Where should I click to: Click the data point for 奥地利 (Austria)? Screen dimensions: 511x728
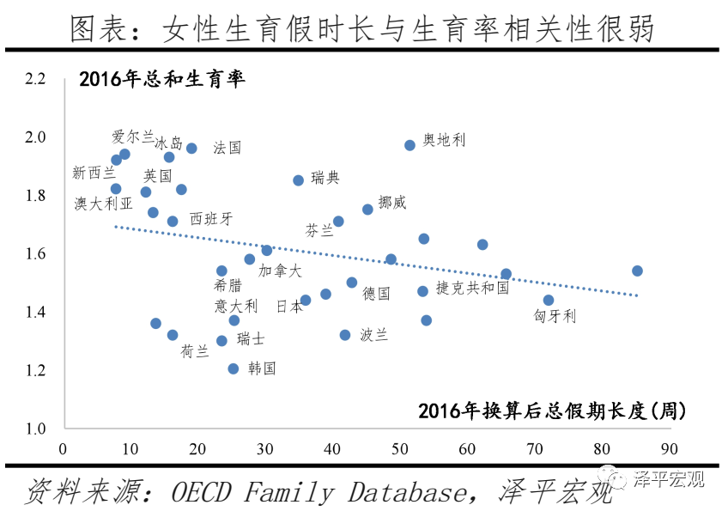click(409, 145)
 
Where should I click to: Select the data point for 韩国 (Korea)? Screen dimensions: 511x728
click(234, 368)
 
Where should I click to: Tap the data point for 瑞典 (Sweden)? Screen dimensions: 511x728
click(299, 180)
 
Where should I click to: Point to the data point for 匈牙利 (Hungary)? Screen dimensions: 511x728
click(549, 301)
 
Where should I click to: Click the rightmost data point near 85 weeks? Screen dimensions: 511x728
click(637, 271)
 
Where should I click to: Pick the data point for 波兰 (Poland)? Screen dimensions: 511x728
click(345, 335)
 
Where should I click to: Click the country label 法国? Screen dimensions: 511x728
click(227, 148)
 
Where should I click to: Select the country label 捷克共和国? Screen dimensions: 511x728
click(472, 288)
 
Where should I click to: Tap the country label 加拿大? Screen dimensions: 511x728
click(281, 271)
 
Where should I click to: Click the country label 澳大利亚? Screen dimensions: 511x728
click(104, 204)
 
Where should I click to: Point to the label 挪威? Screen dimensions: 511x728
click(392, 203)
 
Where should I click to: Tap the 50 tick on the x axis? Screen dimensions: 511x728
click(399, 448)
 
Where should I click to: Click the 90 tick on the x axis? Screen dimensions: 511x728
click(670, 448)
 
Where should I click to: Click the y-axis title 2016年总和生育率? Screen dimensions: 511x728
click(162, 80)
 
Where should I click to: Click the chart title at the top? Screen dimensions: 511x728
click(363, 28)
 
